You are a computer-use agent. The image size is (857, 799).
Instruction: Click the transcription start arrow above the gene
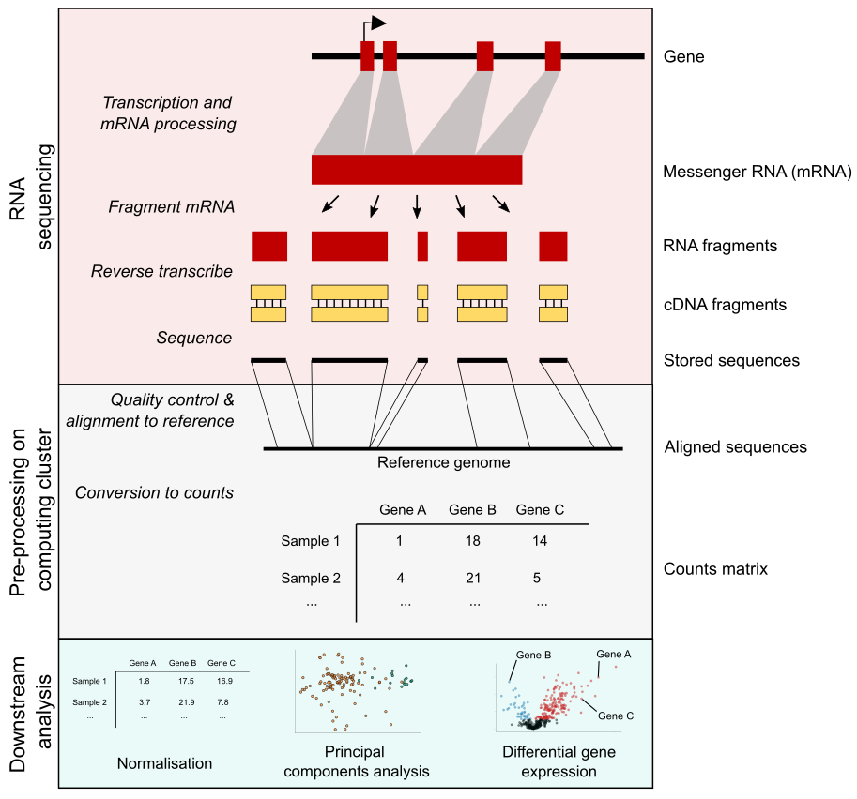pos(374,24)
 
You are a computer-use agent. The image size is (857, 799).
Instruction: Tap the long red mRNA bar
pos(417,170)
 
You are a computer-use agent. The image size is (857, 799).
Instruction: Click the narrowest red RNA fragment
pos(422,246)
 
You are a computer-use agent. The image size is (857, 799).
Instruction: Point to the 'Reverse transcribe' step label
pos(161,271)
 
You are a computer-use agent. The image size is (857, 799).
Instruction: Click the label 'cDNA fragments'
pos(724,304)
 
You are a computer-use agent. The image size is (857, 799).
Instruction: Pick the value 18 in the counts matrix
pos(473,541)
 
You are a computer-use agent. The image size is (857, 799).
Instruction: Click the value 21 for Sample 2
pos(473,578)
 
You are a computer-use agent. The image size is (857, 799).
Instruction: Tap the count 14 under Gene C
pos(540,541)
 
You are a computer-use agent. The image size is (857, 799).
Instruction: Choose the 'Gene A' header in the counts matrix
pos(403,510)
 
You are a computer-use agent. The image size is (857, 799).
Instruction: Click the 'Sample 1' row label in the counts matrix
pos(310,541)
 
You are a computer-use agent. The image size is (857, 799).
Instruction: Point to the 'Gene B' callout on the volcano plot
pos(532,654)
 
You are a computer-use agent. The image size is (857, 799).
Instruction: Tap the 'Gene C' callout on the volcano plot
pos(616,716)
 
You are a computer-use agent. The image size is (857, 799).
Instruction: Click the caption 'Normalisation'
pos(164,762)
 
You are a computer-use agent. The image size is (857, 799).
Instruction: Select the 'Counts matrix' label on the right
pos(715,569)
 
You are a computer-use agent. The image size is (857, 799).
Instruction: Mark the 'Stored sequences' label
pos(730,360)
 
